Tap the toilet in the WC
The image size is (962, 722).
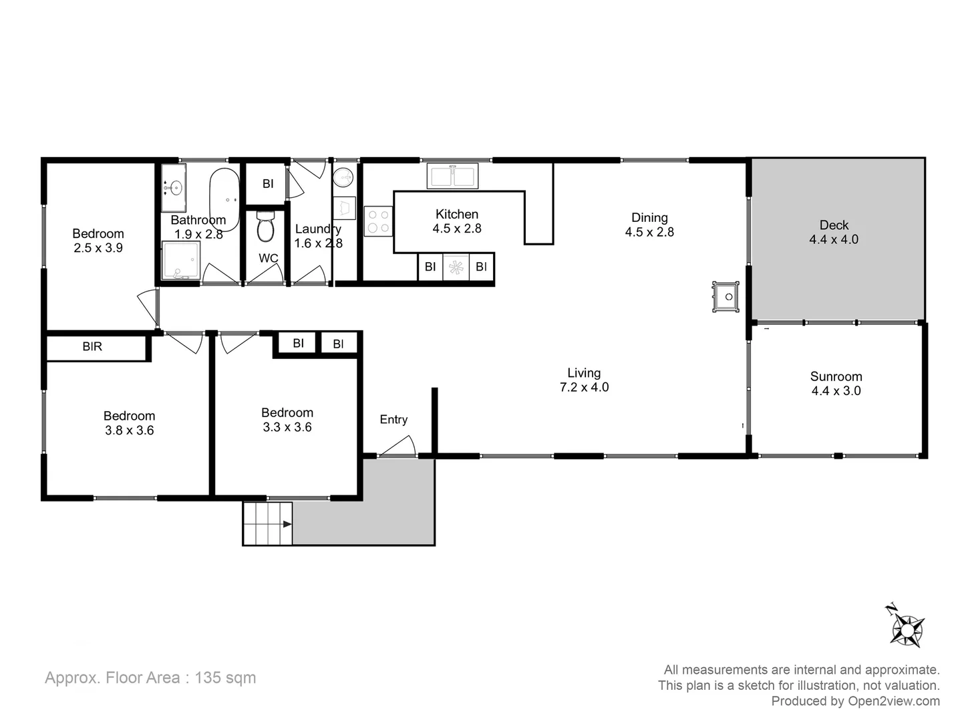click(x=265, y=228)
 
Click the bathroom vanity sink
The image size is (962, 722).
click(x=174, y=188)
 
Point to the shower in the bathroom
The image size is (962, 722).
click(x=181, y=261)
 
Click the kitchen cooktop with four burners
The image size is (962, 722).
click(x=378, y=221)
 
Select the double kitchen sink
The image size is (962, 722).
click(x=452, y=176)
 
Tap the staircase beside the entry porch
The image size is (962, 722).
click(x=267, y=523)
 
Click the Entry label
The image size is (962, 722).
click(x=393, y=419)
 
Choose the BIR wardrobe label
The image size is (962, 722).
click(x=92, y=346)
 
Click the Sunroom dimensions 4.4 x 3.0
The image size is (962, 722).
click(x=836, y=391)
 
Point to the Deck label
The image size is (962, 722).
click(x=834, y=225)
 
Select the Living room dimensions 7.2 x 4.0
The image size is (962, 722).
click(x=584, y=387)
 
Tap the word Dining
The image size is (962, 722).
click(x=649, y=217)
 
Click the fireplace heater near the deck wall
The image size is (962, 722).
click(x=726, y=296)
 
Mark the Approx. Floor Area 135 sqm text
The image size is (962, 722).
click(x=150, y=677)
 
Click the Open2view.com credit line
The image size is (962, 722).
click(x=855, y=701)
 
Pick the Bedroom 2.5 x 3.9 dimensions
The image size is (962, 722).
click(x=98, y=248)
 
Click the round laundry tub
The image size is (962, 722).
click(x=343, y=177)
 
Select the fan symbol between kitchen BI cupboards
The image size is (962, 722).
click(x=456, y=267)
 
